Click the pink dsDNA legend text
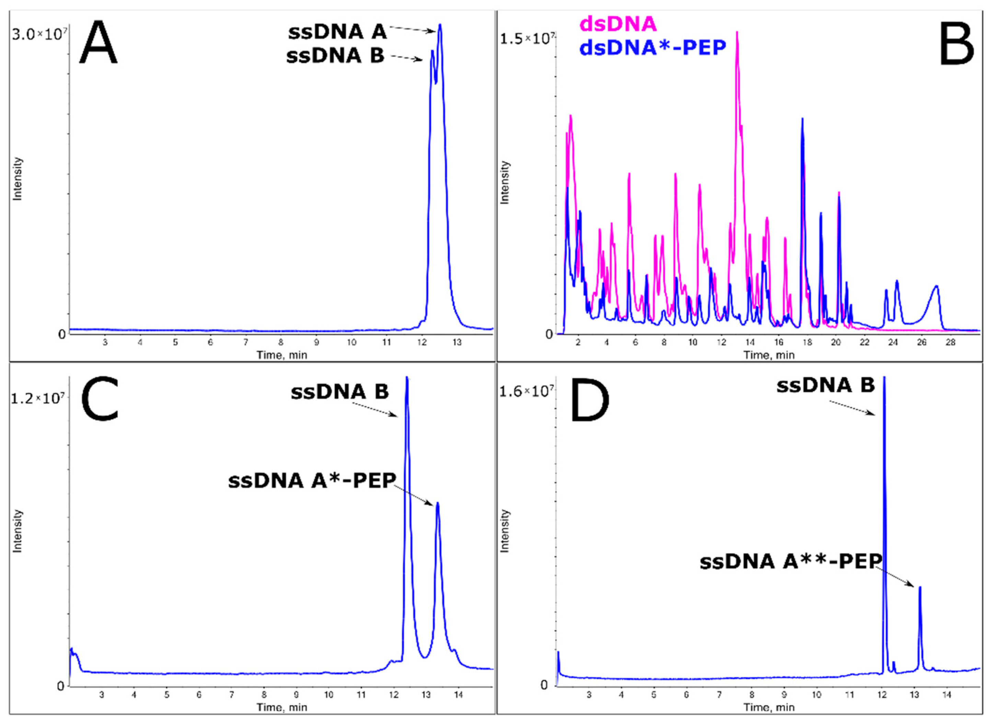coord(618,24)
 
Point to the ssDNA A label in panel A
coord(337,32)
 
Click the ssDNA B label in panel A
coord(335,56)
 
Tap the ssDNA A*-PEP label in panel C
coord(312,481)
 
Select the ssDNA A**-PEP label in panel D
coord(791,562)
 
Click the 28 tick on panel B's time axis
coord(950,343)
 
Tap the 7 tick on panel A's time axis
coord(246,343)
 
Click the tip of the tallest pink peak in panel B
coord(737,32)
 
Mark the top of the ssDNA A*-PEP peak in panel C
coord(437,503)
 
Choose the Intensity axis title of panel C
coord(18,531)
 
